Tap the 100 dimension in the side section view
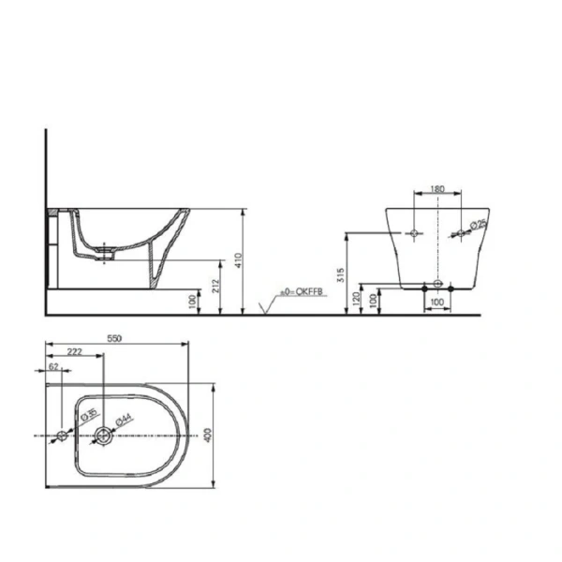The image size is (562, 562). coord(193,300)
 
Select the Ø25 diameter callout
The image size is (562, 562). coord(477,225)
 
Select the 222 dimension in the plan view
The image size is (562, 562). coord(75,352)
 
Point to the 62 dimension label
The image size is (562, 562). coord(53,367)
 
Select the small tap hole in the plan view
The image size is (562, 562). coord(62,436)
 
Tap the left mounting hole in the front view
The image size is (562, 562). coord(411,231)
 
